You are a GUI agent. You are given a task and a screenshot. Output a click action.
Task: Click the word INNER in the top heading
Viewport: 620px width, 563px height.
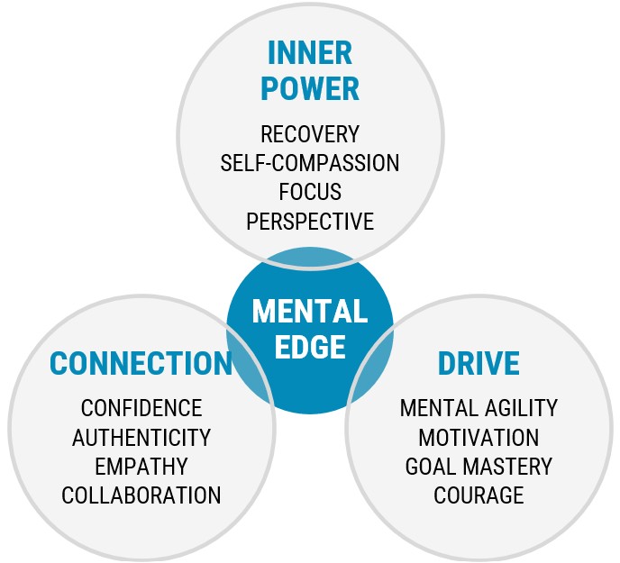click(x=310, y=54)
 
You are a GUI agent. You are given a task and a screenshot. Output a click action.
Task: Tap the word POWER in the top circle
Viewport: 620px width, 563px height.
click(x=310, y=88)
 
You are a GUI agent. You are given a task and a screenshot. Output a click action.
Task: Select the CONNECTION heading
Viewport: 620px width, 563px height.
click(x=141, y=363)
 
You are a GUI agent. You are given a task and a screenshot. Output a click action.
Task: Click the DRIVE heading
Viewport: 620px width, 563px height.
click(x=479, y=363)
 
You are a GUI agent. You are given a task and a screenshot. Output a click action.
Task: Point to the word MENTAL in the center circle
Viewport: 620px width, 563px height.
click(x=310, y=312)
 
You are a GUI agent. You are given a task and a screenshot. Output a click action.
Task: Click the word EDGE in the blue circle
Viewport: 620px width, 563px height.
click(x=310, y=346)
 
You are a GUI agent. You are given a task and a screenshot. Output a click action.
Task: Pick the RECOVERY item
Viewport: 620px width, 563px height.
click(x=310, y=135)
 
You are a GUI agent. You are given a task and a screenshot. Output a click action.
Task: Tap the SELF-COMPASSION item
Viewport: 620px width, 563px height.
click(x=310, y=164)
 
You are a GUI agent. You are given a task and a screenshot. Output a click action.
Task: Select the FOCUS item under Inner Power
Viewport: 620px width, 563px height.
click(x=310, y=192)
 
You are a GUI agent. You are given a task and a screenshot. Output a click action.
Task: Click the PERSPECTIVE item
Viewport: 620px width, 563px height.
click(x=310, y=221)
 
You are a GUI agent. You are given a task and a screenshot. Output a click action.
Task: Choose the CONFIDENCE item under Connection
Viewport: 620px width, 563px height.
click(x=141, y=409)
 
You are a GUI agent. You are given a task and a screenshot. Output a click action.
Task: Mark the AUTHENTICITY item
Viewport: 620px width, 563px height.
click(x=141, y=438)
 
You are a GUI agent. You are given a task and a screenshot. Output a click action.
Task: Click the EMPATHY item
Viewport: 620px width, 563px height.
click(x=141, y=467)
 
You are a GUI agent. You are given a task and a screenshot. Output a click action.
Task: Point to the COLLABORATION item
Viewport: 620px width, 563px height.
click(x=141, y=495)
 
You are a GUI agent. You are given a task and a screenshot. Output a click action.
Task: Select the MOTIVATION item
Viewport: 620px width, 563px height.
click(x=479, y=438)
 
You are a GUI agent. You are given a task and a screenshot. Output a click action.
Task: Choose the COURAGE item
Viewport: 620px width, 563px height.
click(x=479, y=495)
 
